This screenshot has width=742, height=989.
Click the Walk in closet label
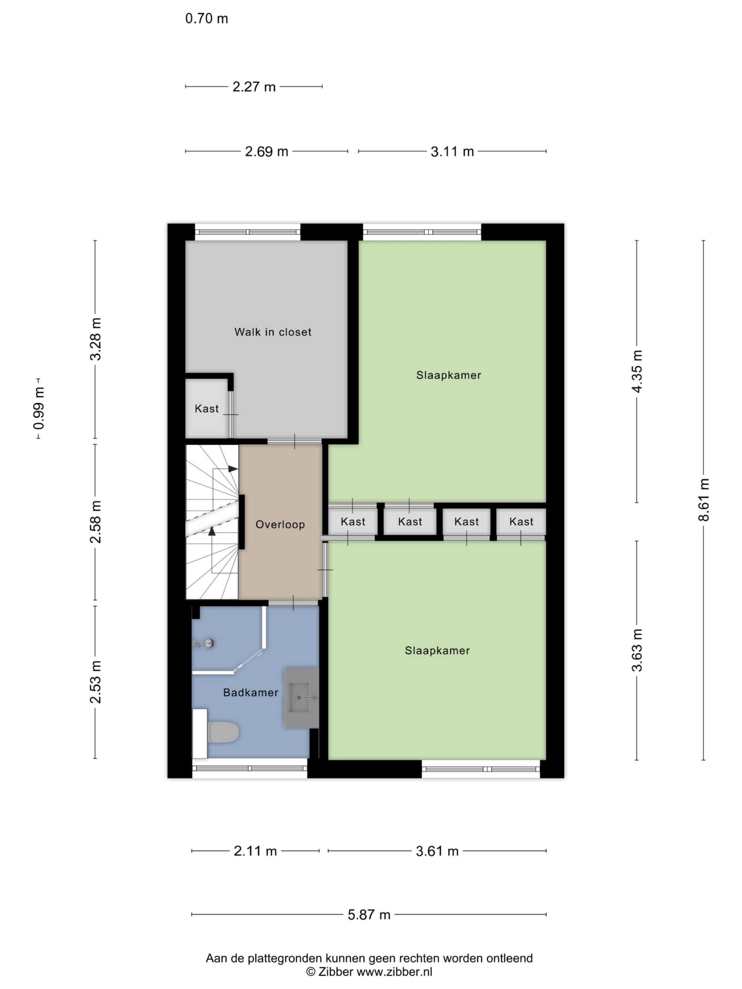pyautogui.click(x=272, y=332)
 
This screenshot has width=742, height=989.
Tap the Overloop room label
pyautogui.click(x=280, y=525)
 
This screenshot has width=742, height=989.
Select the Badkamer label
pyautogui.click(x=250, y=693)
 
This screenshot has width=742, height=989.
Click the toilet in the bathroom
pyautogui.click(x=224, y=733)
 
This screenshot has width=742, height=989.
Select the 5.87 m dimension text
pyautogui.click(x=369, y=915)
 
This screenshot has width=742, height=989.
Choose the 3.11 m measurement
pyautogui.click(x=452, y=151)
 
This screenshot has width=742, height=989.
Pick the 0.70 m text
pyautogui.click(x=207, y=19)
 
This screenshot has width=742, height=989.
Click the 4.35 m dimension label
pyautogui.click(x=637, y=371)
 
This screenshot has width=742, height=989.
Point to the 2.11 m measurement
pyautogui.click(x=255, y=851)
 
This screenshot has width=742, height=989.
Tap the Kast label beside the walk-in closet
pyautogui.click(x=207, y=408)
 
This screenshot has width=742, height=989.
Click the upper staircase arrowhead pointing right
pyautogui.click(x=233, y=469)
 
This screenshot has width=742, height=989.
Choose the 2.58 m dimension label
pyautogui.click(x=96, y=522)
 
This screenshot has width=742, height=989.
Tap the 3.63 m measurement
pyautogui.click(x=637, y=650)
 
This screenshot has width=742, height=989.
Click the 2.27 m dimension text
pyautogui.click(x=254, y=87)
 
